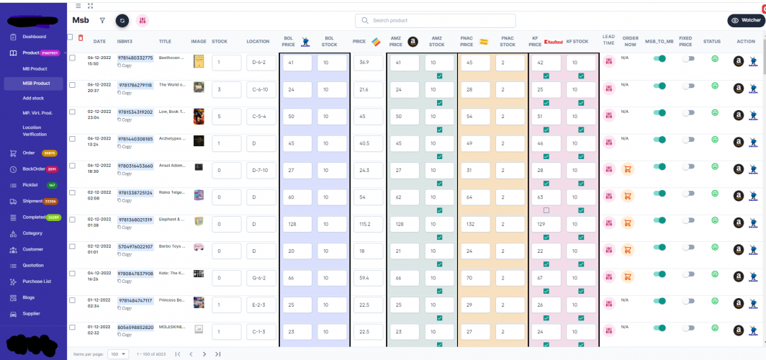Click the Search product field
pos(435,21)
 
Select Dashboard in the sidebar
pos(34,37)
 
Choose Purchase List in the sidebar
pos(36,281)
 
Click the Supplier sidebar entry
pos(32,314)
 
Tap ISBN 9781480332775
pos(135,58)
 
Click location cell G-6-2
pos(260,277)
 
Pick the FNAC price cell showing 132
pos(473,224)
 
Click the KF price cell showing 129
pos(545,224)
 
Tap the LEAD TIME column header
pos(608,41)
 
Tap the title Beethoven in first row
pos(173,58)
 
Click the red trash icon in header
pos(81,37)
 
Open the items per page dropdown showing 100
pos(118,354)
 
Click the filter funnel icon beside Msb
pos(102,21)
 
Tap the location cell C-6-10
pos(260,89)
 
